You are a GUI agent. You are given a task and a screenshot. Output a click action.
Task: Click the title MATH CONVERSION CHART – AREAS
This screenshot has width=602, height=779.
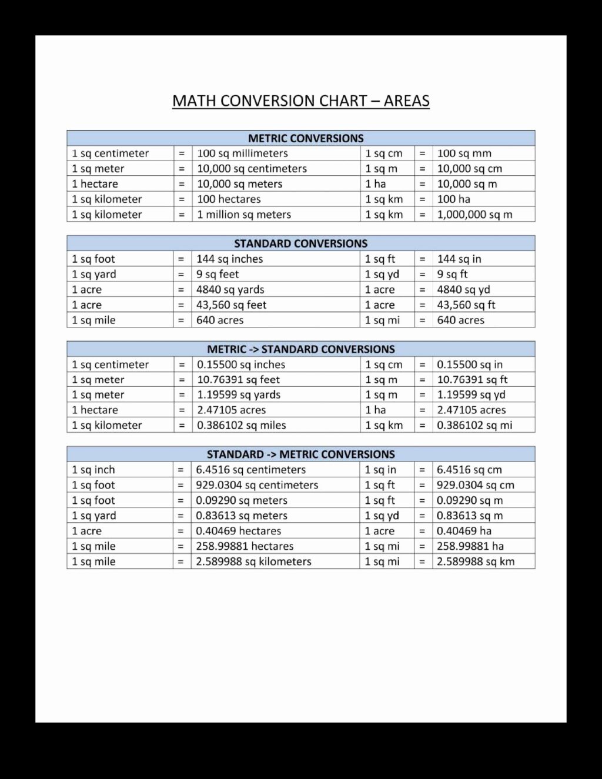coord(300,101)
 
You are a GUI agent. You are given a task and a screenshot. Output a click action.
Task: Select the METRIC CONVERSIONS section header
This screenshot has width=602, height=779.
coord(306,138)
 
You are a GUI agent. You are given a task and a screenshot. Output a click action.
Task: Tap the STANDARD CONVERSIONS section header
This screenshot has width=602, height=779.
coord(300,243)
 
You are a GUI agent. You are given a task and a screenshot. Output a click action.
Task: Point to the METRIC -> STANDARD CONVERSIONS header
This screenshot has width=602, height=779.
coord(300,349)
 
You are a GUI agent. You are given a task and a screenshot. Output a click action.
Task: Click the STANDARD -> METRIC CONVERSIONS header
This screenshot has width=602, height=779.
coord(300,454)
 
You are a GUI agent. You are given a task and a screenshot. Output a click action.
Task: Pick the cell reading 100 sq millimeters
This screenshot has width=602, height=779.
coord(242,153)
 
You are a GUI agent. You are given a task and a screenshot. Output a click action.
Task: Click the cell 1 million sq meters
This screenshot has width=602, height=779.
coord(244,215)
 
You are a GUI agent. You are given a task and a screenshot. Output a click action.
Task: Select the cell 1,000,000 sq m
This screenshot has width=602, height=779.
coord(474,215)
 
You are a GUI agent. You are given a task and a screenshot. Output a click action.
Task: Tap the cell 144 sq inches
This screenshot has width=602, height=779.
coord(229,259)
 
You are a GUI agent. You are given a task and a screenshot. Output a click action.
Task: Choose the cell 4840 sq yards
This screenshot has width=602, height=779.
coord(230,289)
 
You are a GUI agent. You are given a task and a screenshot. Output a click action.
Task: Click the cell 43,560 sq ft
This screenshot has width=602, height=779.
coord(466,305)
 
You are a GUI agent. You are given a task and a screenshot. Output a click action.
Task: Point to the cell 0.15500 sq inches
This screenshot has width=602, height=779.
coord(241,365)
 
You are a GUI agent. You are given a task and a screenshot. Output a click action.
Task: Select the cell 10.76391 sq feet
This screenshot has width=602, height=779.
coord(238,380)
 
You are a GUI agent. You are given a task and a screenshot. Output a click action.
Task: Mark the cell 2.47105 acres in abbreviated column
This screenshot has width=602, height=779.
coord(471,410)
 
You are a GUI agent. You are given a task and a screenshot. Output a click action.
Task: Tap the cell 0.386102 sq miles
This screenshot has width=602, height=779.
coord(241,425)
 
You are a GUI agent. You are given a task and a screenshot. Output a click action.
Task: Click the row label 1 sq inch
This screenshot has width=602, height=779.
coord(93,470)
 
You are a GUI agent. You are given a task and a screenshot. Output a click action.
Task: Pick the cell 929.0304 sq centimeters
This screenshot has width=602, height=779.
coord(257,485)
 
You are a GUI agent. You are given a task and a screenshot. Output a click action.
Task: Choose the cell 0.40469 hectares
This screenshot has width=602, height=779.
coord(238,531)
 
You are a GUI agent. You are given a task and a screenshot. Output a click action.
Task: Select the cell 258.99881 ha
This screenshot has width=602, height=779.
coord(470,546)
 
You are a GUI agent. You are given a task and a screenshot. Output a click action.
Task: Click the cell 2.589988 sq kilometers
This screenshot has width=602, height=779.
coord(253,561)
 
